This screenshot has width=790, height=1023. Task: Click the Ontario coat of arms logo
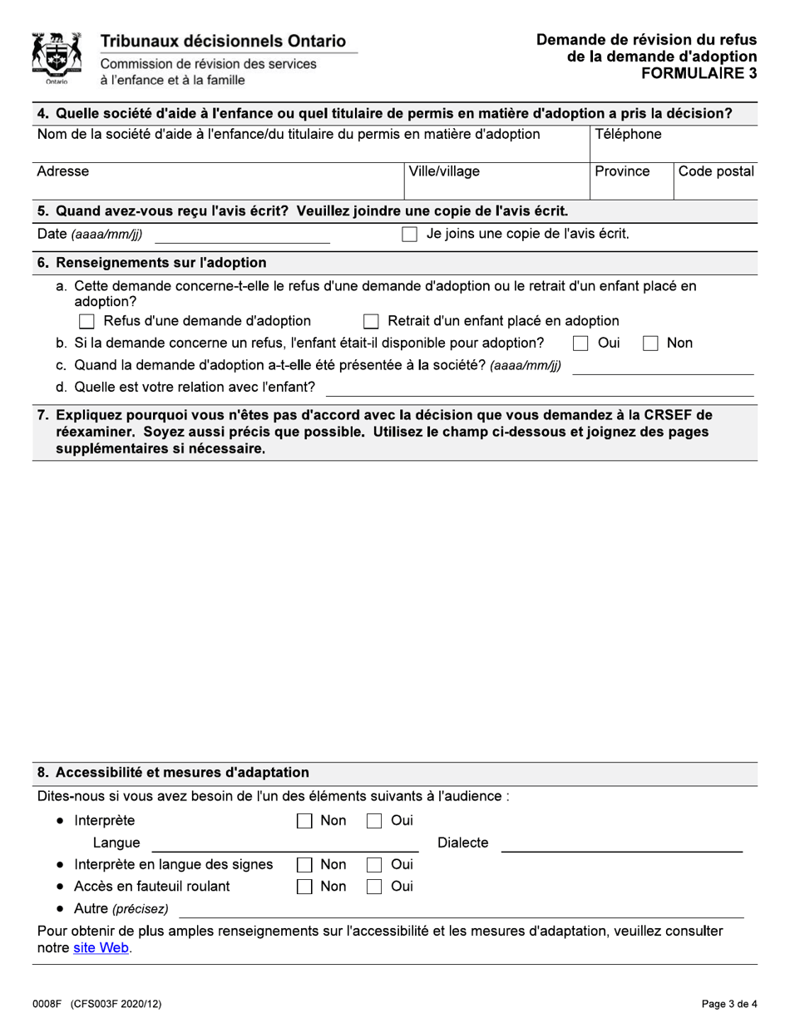coord(57,58)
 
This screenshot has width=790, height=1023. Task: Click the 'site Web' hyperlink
coord(101,947)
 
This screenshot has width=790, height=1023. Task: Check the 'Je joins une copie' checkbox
coord(409,235)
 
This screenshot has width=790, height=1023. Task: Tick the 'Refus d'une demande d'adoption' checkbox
coord(86,321)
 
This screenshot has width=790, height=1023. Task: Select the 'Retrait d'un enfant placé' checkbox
coord(371,321)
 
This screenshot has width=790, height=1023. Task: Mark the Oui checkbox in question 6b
coord(580,343)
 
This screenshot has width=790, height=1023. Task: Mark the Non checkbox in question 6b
coord(650,343)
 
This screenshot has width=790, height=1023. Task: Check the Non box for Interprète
coord(304,822)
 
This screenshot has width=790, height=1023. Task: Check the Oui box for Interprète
coord(374,822)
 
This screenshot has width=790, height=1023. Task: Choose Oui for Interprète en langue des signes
coord(374,865)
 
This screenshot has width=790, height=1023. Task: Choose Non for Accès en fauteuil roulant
coord(304,887)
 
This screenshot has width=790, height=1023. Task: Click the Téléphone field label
coord(628,135)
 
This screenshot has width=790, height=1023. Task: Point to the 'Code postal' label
coord(716,171)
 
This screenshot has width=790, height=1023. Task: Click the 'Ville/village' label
coord(443,171)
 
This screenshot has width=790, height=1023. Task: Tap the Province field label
coord(622,171)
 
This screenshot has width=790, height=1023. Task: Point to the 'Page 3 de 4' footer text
coord(728,1004)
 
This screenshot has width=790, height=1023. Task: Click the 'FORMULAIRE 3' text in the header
coord(699,72)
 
